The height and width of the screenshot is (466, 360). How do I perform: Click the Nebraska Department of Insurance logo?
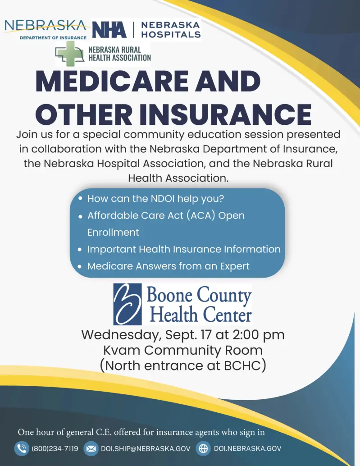click(45, 29)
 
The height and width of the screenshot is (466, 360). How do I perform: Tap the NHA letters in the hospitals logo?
click(109, 30)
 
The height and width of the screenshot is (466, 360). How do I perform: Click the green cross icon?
click(70, 54)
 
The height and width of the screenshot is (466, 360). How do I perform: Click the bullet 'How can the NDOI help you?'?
click(155, 198)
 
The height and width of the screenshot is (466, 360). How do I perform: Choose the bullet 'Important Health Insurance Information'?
click(184, 249)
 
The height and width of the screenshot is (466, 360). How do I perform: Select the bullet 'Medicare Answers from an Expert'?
click(168, 266)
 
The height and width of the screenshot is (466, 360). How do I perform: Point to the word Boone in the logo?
click(169, 296)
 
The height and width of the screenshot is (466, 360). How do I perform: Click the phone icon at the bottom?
click(22, 448)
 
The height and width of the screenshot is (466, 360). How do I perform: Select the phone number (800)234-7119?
click(55, 449)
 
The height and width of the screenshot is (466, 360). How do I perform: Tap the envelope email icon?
click(91, 448)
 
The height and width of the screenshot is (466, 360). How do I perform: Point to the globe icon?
click(204, 448)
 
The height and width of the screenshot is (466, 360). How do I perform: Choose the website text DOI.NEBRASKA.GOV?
click(247, 449)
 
